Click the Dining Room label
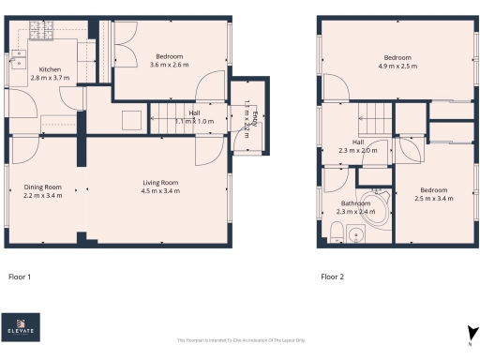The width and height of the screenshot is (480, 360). point(43,187)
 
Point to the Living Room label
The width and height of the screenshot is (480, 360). point(161,182)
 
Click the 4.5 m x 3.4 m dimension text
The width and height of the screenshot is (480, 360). point(161,191)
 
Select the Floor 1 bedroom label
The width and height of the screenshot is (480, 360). point(169,56)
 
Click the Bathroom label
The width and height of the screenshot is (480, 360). point(355,203)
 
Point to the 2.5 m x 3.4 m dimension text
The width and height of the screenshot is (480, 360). point(436,199)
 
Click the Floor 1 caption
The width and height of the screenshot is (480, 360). point(20,277)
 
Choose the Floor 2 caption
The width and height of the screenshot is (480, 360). point(332,277)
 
